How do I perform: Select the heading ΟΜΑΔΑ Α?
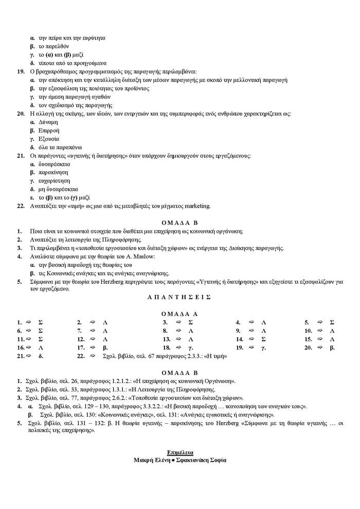pos(180,313)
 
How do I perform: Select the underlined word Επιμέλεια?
pos(180,452)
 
